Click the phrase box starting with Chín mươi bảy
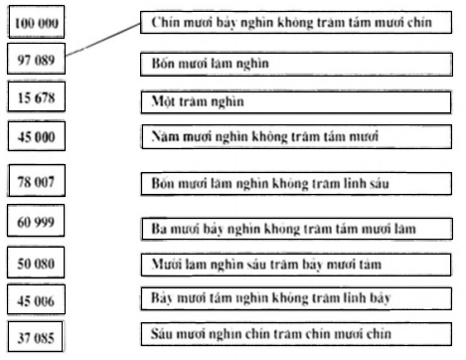pos(281,21)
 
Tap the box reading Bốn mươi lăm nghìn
pos(281,64)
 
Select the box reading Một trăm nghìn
pos(281,101)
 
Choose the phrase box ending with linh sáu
pos(281,183)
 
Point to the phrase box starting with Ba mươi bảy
pos(281,228)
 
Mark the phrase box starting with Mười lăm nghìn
pos(281,265)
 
